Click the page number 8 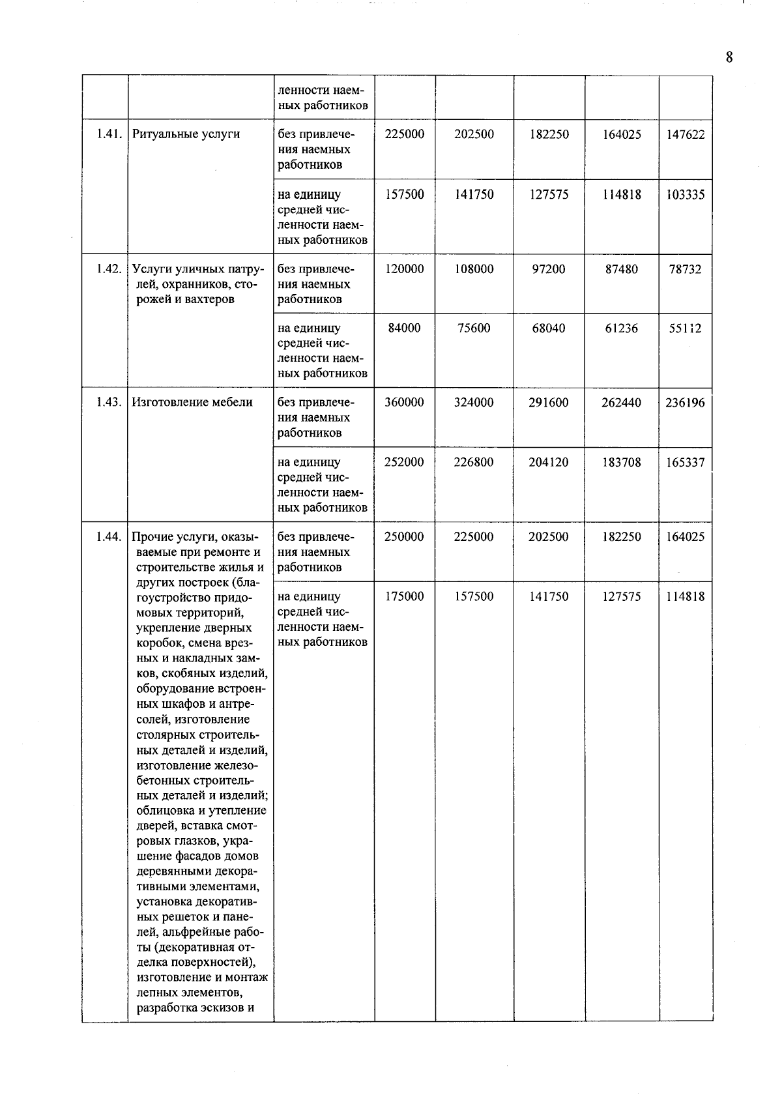click(x=729, y=57)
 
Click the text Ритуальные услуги click(x=186, y=134)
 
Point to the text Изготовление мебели click(x=192, y=402)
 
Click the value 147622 click(x=685, y=135)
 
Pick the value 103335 click(x=685, y=195)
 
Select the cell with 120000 click(x=404, y=269)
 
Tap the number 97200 click(x=549, y=269)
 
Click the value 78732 click(x=685, y=269)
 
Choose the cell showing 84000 click(x=404, y=328)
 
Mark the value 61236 click(x=621, y=328)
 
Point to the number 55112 click(x=685, y=328)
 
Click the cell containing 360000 click(x=404, y=403)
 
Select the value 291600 click(x=549, y=403)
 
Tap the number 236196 click(x=685, y=403)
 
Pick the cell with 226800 click(x=474, y=463)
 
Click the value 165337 click(x=685, y=463)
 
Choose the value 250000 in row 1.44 click(x=404, y=537)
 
